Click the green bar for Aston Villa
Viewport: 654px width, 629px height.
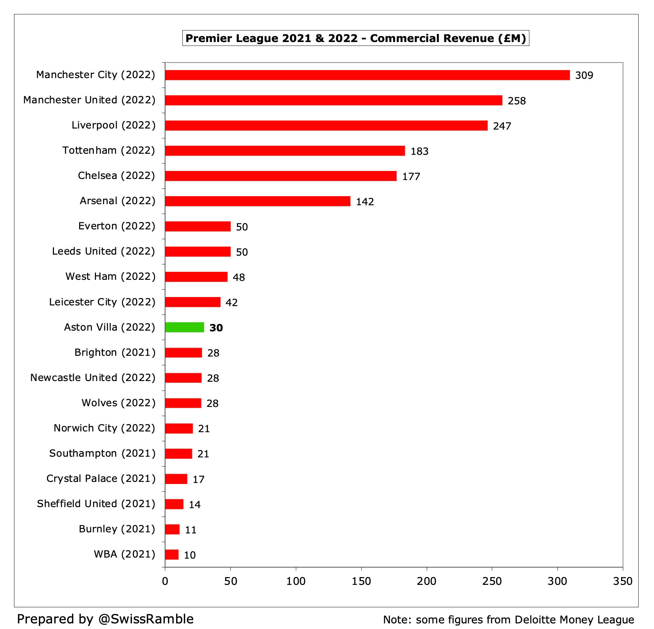(185, 327)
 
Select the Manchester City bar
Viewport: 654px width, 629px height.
(367, 75)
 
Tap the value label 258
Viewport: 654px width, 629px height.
(516, 101)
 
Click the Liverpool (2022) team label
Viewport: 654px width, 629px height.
(113, 125)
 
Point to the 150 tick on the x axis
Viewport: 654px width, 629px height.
(361, 581)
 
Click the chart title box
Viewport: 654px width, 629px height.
(355, 38)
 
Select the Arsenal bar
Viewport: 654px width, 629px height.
(257, 201)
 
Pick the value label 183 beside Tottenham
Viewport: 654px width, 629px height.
(419, 151)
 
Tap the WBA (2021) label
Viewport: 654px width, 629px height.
(124, 554)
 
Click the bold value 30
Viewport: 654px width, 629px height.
(216, 328)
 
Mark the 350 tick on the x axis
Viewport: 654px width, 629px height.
(622, 581)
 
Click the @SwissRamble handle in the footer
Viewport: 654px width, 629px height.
(146, 619)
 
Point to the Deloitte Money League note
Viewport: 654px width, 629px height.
(508, 620)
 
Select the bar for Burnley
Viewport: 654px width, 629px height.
(172, 529)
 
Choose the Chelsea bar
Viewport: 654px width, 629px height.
(280, 176)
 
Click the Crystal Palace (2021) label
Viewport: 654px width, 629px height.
(101, 478)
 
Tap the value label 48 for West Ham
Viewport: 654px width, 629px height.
(238, 277)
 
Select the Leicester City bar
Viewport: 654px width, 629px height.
(193, 302)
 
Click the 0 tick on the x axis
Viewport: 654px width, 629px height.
(165, 581)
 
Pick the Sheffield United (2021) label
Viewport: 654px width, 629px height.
(96, 504)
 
